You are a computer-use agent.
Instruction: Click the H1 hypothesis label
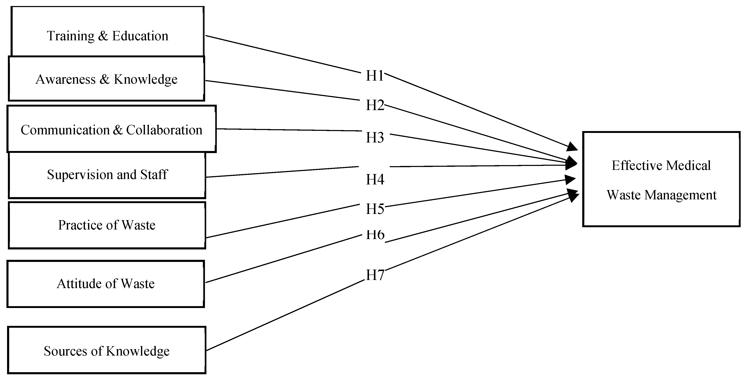pos(375,76)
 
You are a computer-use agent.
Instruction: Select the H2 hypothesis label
pos(375,105)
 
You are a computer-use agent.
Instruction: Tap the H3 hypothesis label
pos(375,137)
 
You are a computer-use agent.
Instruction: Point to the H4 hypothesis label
pos(375,179)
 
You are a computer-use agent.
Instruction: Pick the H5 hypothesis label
pos(375,209)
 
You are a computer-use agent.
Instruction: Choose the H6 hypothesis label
pos(375,235)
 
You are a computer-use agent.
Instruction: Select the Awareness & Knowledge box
pos(107,79)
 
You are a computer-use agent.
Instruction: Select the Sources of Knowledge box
pos(107,351)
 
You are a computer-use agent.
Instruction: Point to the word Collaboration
pos(164,130)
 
